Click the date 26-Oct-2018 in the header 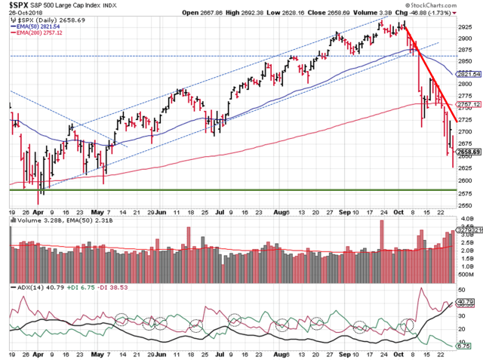(x=21, y=14)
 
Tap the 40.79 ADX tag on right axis (x=469, y=301)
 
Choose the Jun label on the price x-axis (x=162, y=214)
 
